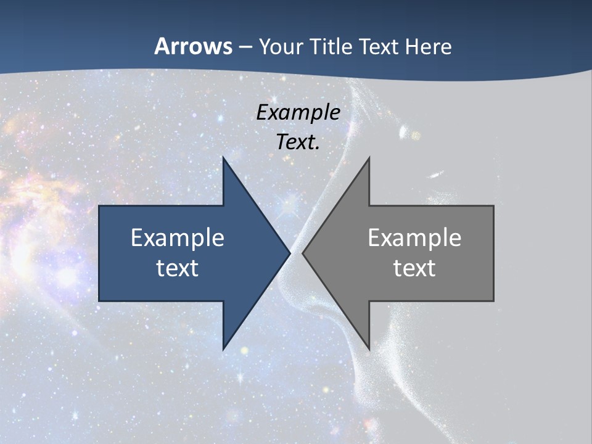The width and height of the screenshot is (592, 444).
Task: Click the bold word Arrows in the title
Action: pyautogui.click(x=193, y=46)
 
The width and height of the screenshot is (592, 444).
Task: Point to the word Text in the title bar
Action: pyautogui.click(x=379, y=46)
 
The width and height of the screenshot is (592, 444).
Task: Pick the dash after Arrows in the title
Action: pyautogui.click(x=245, y=47)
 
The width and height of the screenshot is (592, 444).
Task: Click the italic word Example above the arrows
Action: pyautogui.click(x=298, y=112)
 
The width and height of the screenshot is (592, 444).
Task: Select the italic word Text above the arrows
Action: pyautogui.click(x=295, y=142)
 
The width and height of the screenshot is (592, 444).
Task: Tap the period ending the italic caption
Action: pyautogui.click(x=318, y=148)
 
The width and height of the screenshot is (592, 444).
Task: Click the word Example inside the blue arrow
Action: pyautogui.click(x=178, y=237)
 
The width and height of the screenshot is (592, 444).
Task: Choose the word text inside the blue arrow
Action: pyautogui.click(x=178, y=268)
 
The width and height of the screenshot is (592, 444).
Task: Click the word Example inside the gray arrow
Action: pyautogui.click(x=414, y=237)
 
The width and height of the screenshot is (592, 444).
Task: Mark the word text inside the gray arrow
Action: pyautogui.click(x=414, y=268)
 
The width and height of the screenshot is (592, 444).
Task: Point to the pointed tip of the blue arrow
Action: pyautogui.click(x=290, y=253)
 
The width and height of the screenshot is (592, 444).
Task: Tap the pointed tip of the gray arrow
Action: pyautogui.click(x=303, y=253)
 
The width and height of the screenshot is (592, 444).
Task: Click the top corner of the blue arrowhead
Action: pyautogui.click(x=223, y=157)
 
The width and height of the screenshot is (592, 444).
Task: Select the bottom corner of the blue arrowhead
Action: pyautogui.click(x=223, y=349)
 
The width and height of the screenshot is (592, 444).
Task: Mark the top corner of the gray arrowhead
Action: pyautogui.click(x=369, y=157)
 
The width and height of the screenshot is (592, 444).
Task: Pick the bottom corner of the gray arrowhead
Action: pyautogui.click(x=369, y=349)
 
